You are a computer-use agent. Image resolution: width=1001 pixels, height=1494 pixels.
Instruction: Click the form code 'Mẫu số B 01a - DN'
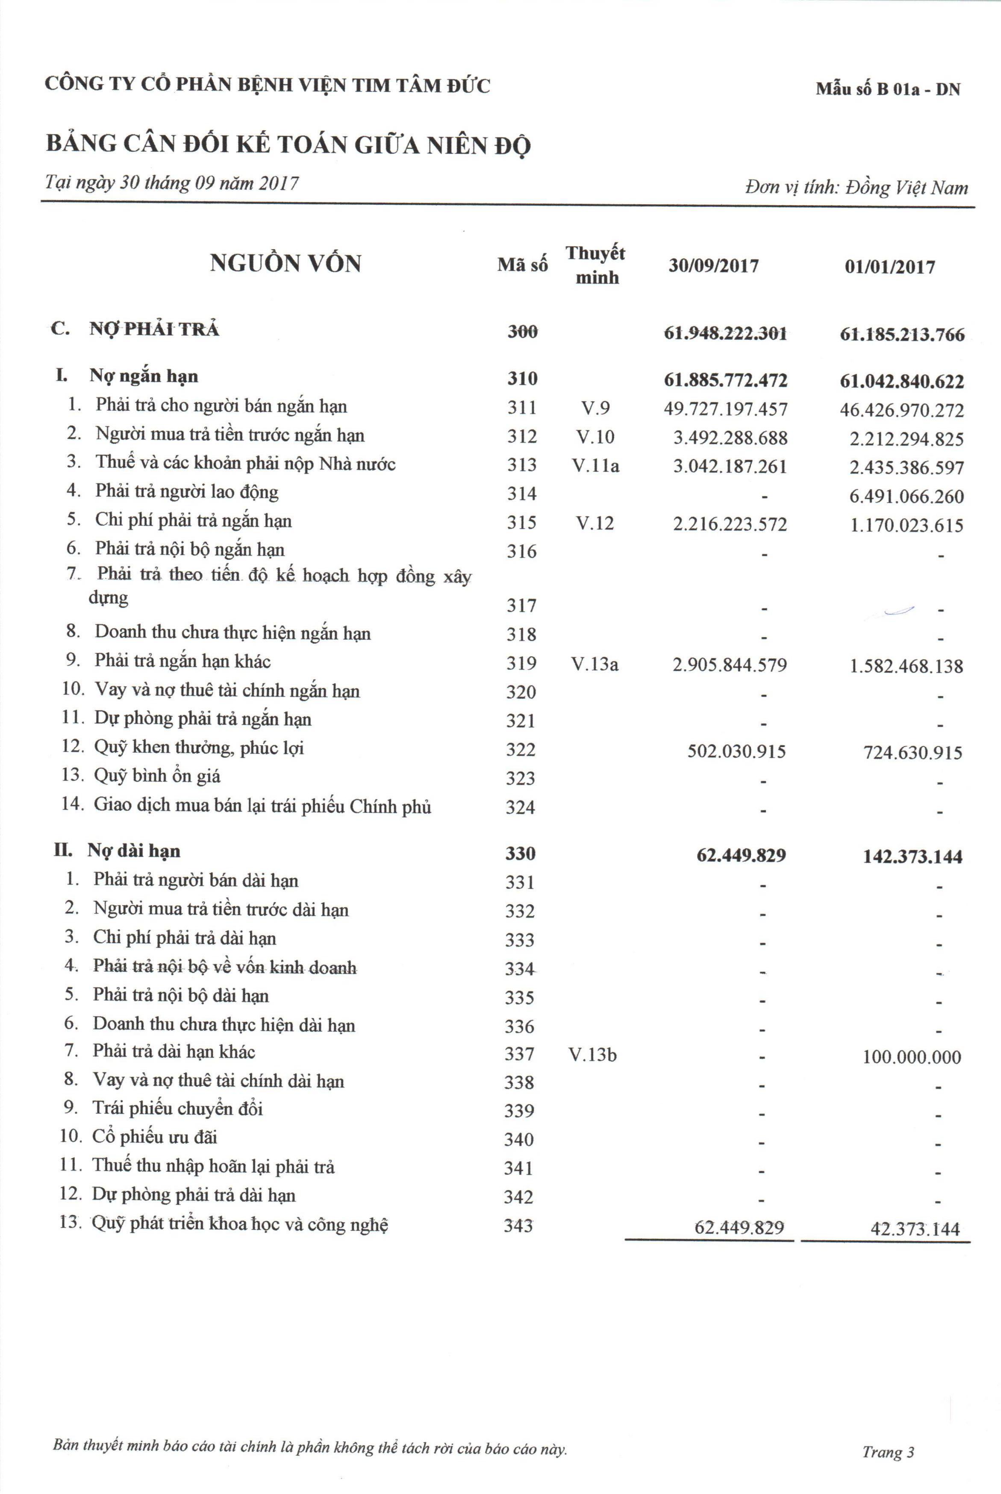point(887,89)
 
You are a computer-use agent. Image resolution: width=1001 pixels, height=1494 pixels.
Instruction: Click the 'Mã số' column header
point(522,265)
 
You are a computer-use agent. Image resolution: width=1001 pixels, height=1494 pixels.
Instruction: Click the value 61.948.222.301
point(725,333)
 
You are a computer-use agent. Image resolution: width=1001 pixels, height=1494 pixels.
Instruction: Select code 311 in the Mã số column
point(521,407)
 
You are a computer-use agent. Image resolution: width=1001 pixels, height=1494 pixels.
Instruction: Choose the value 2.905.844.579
point(730,665)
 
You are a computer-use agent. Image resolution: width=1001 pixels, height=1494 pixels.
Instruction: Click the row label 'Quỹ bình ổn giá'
point(157,776)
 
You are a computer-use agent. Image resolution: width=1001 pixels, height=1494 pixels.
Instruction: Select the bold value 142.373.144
point(912,856)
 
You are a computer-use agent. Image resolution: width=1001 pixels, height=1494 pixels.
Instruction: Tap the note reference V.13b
point(592,1055)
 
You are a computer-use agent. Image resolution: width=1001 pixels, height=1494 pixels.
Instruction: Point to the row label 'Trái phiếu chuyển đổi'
point(177,1109)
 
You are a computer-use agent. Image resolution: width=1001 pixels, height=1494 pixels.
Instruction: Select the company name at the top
point(268,85)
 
